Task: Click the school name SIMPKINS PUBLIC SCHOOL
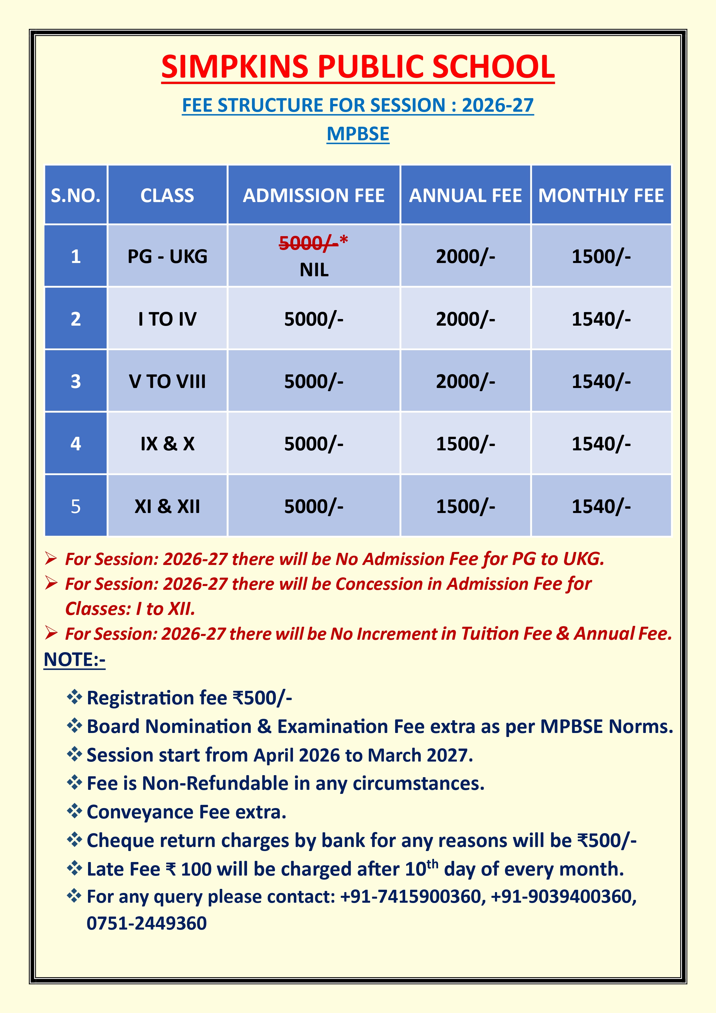[358, 67]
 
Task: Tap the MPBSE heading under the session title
[358, 134]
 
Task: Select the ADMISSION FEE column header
[314, 195]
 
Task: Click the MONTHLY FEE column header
[601, 195]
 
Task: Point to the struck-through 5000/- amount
[309, 243]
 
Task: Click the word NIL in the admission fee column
[314, 270]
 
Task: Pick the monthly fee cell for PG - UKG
[601, 256]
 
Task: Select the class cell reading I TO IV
[167, 319]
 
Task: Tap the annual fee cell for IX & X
[466, 444]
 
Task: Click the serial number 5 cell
[76, 506]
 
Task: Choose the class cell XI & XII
[167, 506]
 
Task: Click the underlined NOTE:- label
[74, 660]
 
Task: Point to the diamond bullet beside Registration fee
[74, 697]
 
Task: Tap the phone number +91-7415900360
[411, 897]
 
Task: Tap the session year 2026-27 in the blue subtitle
[498, 105]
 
